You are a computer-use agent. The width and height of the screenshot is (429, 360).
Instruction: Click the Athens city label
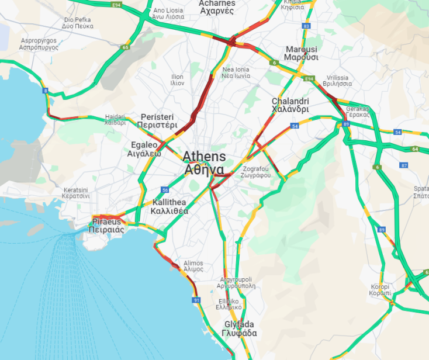pyautogui.click(x=203, y=163)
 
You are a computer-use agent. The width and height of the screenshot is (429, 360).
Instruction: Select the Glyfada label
pyautogui.click(x=239, y=328)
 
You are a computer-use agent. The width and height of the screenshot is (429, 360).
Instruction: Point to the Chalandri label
pyautogui.click(x=290, y=105)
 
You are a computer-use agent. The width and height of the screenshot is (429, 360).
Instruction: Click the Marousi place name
pyautogui.click(x=301, y=53)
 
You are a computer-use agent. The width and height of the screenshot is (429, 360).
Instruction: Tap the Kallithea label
pyautogui.click(x=169, y=206)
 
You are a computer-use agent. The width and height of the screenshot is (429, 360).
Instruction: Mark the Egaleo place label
pyautogui.click(x=144, y=150)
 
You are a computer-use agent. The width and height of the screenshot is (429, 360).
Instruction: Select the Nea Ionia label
pyautogui.click(x=236, y=72)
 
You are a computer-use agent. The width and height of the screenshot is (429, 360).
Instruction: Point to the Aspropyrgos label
pyautogui.click(x=39, y=44)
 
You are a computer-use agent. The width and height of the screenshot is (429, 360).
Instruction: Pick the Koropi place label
pyautogui.click(x=380, y=289)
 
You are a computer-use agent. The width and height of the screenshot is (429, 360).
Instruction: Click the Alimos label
pyautogui.click(x=193, y=266)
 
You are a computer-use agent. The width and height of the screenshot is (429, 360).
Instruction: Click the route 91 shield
pyautogui.click(x=196, y=300)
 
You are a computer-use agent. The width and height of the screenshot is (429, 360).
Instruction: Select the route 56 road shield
pyautogui.click(x=165, y=190)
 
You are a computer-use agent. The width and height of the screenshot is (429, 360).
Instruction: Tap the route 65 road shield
pyautogui.click(x=126, y=47)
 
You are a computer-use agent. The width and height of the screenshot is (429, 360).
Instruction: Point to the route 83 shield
pyautogui.click(x=306, y=26)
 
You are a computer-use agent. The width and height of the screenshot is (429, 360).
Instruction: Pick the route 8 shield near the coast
pyautogui.click(x=45, y=91)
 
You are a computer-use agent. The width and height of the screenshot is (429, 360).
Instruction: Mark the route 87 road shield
pyautogui.click(x=404, y=165)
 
